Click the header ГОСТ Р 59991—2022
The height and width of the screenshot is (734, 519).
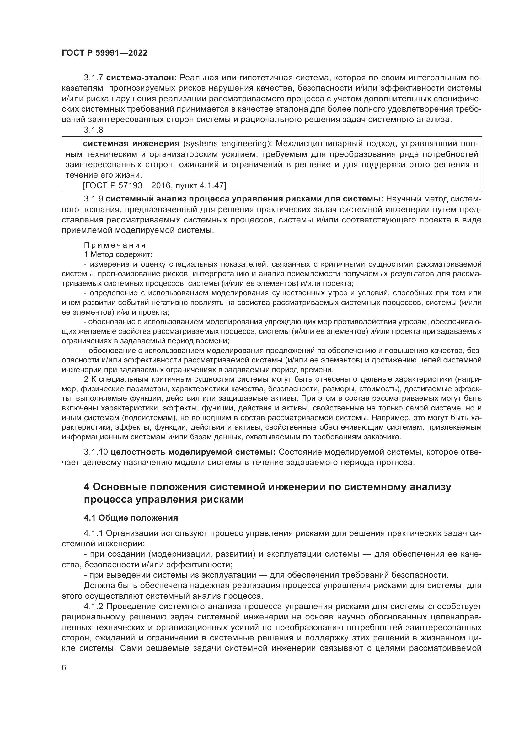coord(104,53)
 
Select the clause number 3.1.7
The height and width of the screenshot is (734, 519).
coord(93,78)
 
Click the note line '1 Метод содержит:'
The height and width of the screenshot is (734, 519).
coord(118,255)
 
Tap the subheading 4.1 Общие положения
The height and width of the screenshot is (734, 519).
coord(131,517)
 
